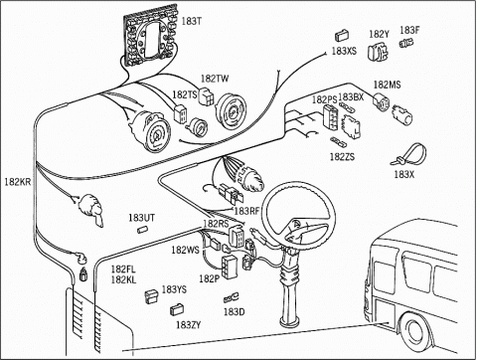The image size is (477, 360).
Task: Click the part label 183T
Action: click(x=191, y=21)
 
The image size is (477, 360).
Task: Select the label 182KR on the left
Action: click(x=17, y=182)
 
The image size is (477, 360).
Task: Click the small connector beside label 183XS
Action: click(x=342, y=36)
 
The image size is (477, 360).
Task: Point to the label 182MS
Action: click(x=387, y=85)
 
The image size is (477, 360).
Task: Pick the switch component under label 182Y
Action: click(x=378, y=52)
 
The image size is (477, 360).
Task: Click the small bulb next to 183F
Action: click(x=406, y=43)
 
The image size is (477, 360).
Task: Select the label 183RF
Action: click(x=246, y=211)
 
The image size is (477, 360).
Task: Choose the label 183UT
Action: click(x=141, y=218)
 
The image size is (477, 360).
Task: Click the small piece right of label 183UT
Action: click(x=142, y=230)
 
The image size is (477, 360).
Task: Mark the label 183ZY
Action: click(x=188, y=325)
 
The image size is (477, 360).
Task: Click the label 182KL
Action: click(x=123, y=279)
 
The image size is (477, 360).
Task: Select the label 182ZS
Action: click(x=342, y=156)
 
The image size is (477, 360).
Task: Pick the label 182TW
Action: click(x=215, y=79)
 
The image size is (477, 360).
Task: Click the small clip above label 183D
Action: click(x=232, y=297)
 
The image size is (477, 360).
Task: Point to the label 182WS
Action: click(x=185, y=250)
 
